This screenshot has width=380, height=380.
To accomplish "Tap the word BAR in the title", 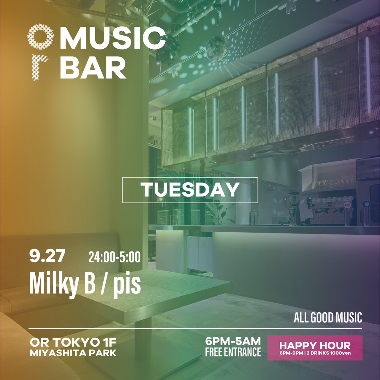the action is [93, 68].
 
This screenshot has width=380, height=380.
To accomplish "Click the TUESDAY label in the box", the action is [190, 190].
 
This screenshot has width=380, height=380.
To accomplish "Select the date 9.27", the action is [47, 256].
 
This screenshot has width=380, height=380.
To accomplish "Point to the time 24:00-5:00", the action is [115, 257].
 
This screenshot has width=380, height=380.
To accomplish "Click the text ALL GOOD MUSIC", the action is [328, 317].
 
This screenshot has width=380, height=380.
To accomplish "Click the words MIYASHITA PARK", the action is [73, 353].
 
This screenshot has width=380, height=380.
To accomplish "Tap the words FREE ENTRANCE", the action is [233, 351].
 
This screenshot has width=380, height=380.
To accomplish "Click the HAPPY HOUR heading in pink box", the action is [315, 345].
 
